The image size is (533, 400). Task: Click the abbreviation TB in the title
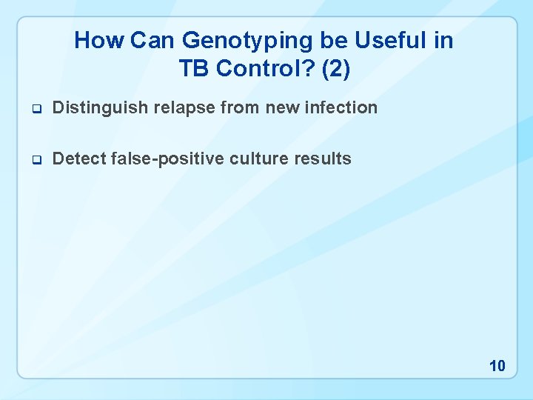(193, 69)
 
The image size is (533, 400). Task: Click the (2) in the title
(335, 69)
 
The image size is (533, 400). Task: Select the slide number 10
(497, 366)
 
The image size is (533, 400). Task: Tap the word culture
(248, 159)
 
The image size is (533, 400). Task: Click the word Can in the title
(153, 40)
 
